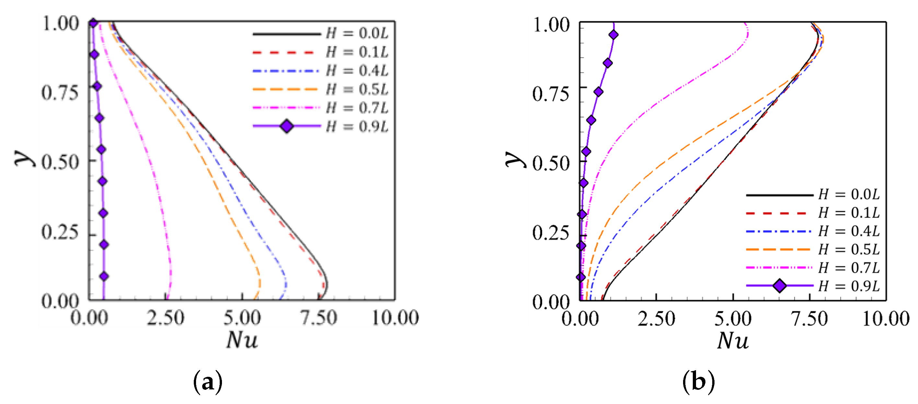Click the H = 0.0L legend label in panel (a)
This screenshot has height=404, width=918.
coord(357,33)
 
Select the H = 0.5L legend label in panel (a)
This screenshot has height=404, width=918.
coord(357,89)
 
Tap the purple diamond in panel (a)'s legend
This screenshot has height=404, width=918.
coord(287,126)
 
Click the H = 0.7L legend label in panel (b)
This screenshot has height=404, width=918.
coord(849,267)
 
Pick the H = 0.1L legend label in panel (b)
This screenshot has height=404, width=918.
coord(849,213)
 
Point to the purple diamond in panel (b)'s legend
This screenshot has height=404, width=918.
coord(779,286)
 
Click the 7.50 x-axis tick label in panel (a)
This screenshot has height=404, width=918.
coord(318,318)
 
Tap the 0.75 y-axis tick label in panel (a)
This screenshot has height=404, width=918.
coord(60,93)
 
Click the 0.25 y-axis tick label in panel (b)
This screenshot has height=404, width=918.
coord(551,233)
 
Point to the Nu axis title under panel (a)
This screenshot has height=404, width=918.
coord(242,340)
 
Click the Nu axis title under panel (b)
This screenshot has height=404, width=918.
coord(733,341)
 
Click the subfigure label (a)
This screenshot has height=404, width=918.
coord(207,382)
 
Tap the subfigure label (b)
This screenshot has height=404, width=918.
coord(699,382)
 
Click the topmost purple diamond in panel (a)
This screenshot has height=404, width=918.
coord(93,23)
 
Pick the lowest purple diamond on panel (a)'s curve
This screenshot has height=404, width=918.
coord(104,276)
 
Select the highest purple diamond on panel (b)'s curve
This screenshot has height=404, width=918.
coord(613,35)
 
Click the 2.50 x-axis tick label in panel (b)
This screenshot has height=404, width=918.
coord(656,318)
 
